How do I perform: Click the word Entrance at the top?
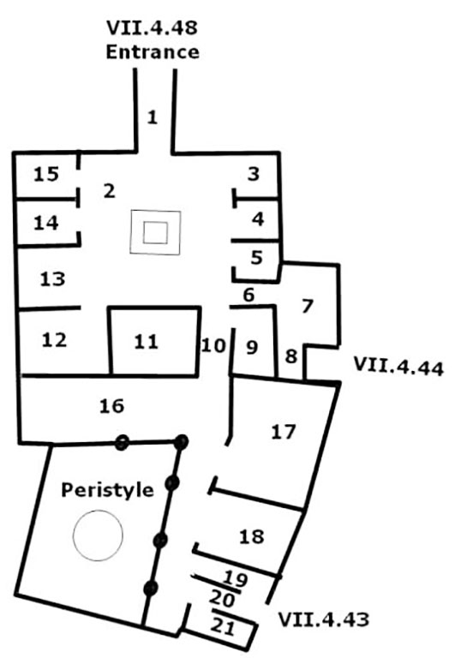pyautogui.click(x=153, y=52)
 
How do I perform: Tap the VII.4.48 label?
pyautogui.click(x=152, y=27)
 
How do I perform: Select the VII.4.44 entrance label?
pyautogui.click(x=398, y=366)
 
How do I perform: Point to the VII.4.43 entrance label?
pyautogui.click(x=324, y=619)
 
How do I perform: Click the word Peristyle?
pyautogui.click(x=107, y=490)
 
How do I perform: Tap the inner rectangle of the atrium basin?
pyautogui.click(x=155, y=232)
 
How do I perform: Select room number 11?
pyautogui.click(x=147, y=342)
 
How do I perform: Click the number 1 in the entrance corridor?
pyautogui.click(x=152, y=117)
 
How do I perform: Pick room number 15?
pyautogui.click(x=46, y=174)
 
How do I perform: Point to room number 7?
pyautogui.click(x=308, y=306)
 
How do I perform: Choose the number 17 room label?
pyautogui.click(x=284, y=432)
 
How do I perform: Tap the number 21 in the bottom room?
pyautogui.click(x=222, y=627)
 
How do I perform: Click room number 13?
pyautogui.click(x=52, y=279)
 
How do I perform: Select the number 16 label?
pyautogui.click(x=111, y=406)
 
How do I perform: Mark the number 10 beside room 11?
pyautogui.click(x=213, y=345)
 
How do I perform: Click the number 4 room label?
pyautogui.click(x=258, y=218)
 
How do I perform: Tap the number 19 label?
pyautogui.click(x=235, y=578)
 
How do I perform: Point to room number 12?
pyautogui.click(x=54, y=340)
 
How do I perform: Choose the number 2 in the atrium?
pyautogui.click(x=109, y=191)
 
